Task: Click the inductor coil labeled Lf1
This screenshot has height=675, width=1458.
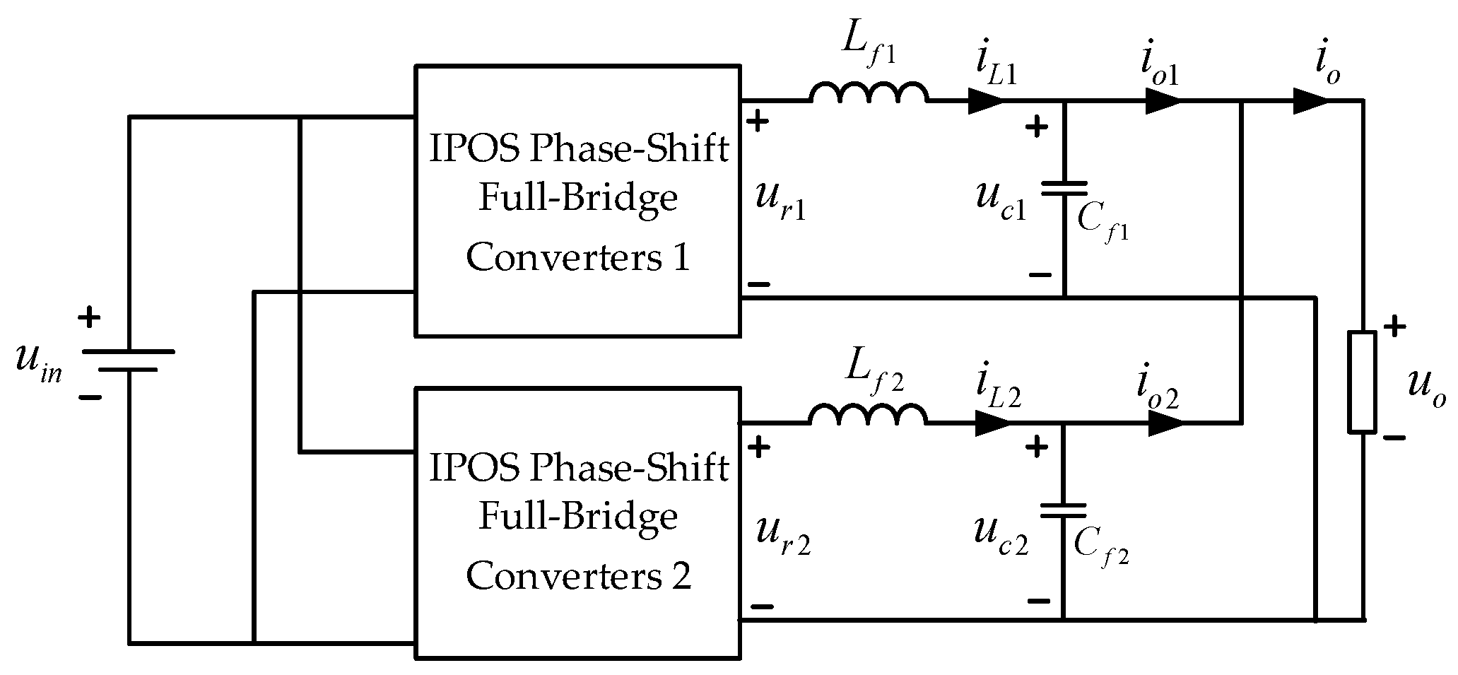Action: pos(869,94)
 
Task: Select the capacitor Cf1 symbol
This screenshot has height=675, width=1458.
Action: pos(1064,187)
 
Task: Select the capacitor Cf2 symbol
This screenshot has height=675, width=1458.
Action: pos(1063,510)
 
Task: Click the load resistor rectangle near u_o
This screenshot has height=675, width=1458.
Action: pos(1362,382)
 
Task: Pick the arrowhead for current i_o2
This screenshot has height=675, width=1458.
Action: pos(1165,423)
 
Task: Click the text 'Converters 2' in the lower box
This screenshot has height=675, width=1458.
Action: pos(577,576)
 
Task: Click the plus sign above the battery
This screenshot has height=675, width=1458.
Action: pos(89,317)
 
